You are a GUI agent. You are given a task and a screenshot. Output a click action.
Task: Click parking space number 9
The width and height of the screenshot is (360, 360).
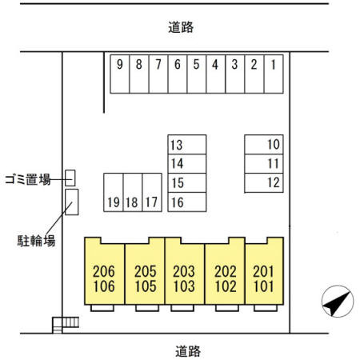[x=120, y=74]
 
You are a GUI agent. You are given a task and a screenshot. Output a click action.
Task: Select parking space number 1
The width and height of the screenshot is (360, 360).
[x=274, y=74]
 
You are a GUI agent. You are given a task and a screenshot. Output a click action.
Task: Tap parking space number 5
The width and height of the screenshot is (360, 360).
[x=197, y=74]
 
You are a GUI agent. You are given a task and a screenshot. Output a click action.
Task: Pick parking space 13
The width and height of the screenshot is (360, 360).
[x=187, y=145]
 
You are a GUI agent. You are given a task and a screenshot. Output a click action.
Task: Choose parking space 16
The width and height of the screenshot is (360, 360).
[x=187, y=202]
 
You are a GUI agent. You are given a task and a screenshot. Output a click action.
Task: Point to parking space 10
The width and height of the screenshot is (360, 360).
[x=264, y=145]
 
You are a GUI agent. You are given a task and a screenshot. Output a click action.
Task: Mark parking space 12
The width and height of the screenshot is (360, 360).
[x=264, y=183]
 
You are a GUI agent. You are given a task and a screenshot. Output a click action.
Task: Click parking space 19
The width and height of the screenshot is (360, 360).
[x=114, y=193]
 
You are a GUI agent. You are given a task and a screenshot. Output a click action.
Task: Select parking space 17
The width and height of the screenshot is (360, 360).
[x=152, y=193]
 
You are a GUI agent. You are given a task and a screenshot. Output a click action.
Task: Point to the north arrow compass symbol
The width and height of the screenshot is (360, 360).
[x=338, y=302]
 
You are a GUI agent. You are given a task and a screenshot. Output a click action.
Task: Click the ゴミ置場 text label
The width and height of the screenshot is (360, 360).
[x=28, y=179]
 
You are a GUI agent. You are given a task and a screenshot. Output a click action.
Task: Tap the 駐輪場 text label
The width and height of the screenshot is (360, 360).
[x=36, y=241]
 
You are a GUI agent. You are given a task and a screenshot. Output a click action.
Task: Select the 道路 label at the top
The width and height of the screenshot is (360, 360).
[x=181, y=27]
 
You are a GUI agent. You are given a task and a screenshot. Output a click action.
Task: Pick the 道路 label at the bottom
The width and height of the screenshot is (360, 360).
[x=188, y=351]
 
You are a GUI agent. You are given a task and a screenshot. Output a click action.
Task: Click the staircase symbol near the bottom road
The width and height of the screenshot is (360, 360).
[x=66, y=324]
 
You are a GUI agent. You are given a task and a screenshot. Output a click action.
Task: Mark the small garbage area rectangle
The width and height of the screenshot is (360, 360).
[x=70, y=178]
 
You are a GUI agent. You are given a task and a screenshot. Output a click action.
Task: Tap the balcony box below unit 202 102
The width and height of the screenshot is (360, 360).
[x=227, y=308]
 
